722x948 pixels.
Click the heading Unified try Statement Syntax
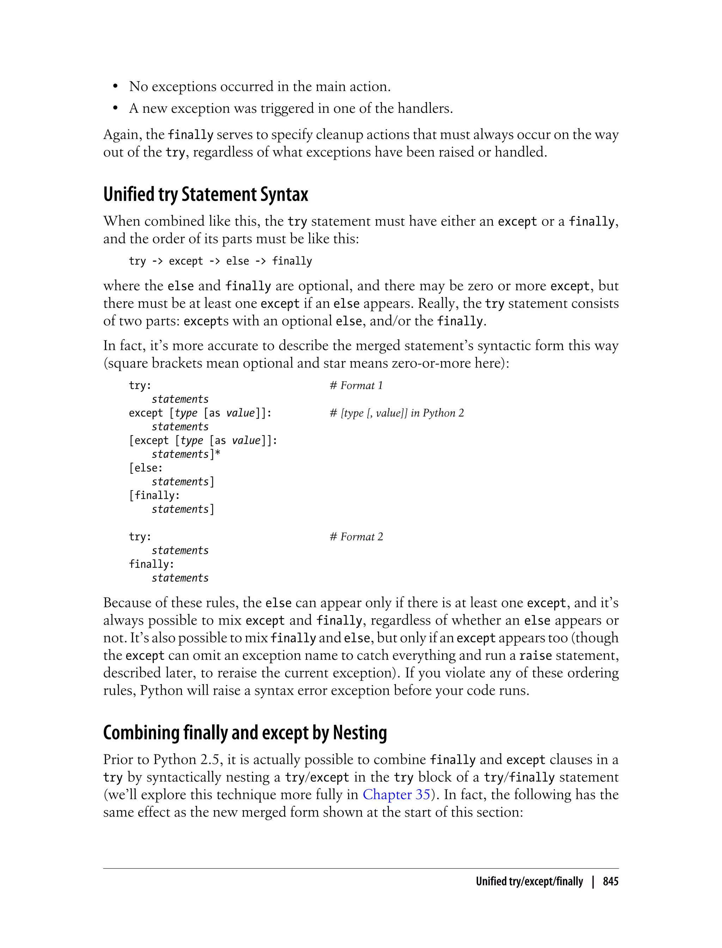tap(206, 194)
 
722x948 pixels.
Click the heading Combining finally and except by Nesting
tap(245, 733)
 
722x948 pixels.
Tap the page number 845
tap(610, 881)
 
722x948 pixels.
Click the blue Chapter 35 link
tap(396, 795)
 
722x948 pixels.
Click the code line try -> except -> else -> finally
tap(220, 261)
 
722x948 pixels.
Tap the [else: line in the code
tap(146, 468)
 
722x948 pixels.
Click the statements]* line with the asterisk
tap(186, 454)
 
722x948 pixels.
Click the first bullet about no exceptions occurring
tap(259, 86)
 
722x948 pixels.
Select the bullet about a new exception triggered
tap(290, 108)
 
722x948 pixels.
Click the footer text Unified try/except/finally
tap(529, 881)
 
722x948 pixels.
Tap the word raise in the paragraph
tap(535, 656)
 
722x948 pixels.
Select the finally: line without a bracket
tap(151, 564)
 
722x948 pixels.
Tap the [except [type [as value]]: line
tap(203, 440)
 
